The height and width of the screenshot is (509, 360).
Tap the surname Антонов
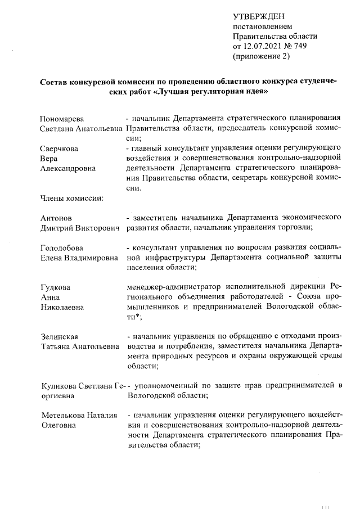click(x=56, y=217)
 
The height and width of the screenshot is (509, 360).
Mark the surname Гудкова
click(x=55, y=287)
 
